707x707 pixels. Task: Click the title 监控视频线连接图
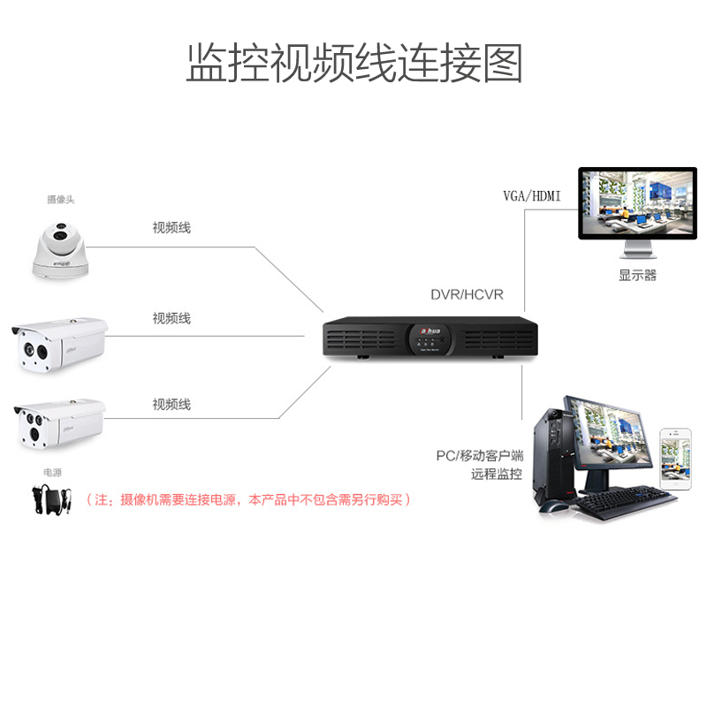[x=353, y=63]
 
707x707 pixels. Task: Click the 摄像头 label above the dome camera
[x=61, y=200]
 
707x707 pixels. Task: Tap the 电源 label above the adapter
[x=52, y=473]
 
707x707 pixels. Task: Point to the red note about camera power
[x=248, y=500]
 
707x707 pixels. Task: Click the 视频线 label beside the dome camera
[x=171, y=228]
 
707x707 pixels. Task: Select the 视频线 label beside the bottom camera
[x=171, y=405]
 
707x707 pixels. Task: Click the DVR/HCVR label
[x=467, y=294]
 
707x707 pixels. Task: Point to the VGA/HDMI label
[x=532, y=195]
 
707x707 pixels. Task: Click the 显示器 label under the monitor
[x=637, y=275]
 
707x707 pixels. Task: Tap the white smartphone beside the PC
[x=675, y=460]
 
